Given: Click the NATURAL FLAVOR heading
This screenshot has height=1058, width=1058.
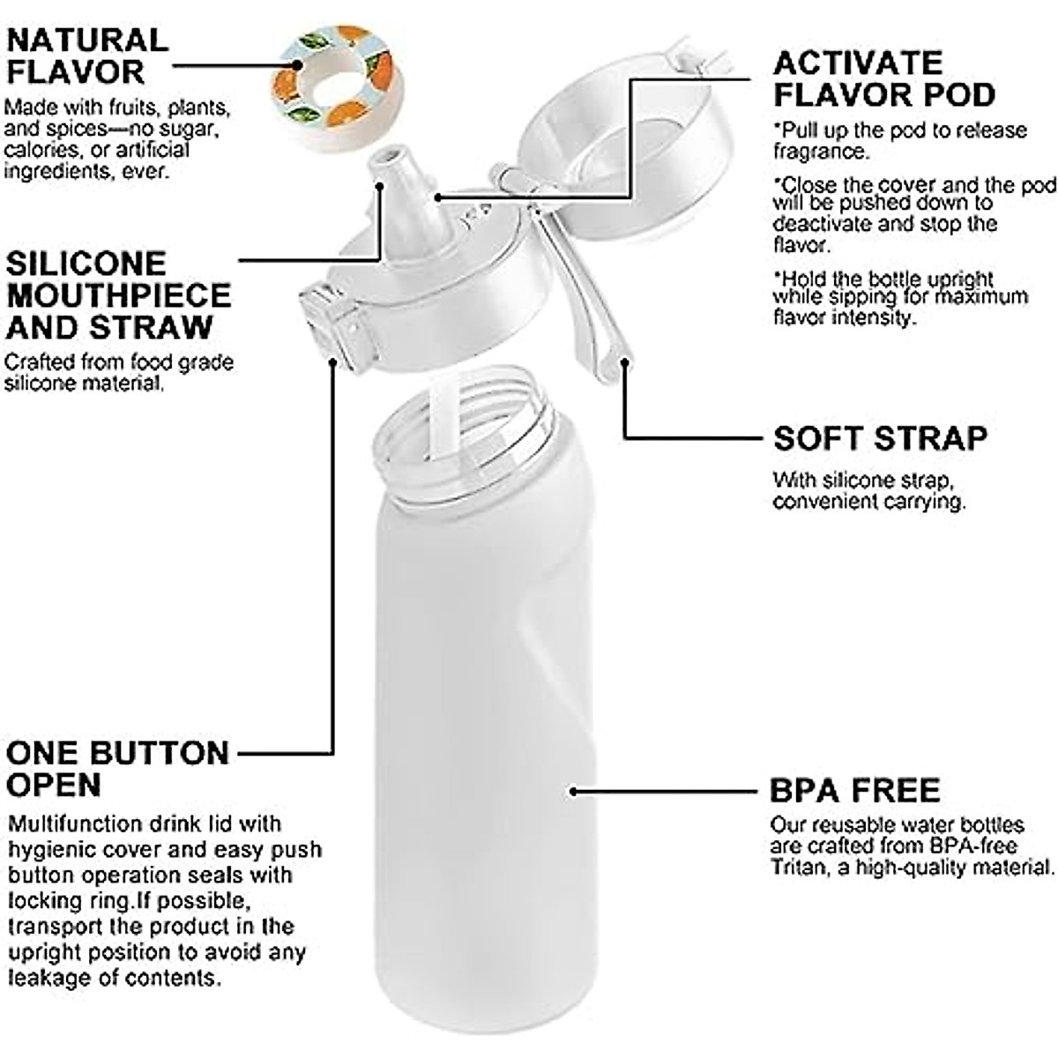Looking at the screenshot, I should click(86, 56).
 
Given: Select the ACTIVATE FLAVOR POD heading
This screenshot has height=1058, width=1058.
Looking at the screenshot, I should click(883, 78).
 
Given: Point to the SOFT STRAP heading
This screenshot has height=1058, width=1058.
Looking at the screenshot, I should click(880, 438).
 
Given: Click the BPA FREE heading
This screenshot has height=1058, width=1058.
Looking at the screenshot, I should click(854, 790).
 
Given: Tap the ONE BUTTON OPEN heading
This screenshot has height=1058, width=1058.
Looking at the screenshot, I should click(116, 769).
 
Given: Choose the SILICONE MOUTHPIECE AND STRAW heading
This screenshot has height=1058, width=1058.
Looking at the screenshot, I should click(118, 295).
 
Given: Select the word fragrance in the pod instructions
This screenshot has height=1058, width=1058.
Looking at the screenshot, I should click(820, 151).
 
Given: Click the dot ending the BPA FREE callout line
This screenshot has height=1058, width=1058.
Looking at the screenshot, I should click(574, 791).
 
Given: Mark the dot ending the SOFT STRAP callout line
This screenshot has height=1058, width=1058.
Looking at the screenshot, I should click(625, 358).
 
